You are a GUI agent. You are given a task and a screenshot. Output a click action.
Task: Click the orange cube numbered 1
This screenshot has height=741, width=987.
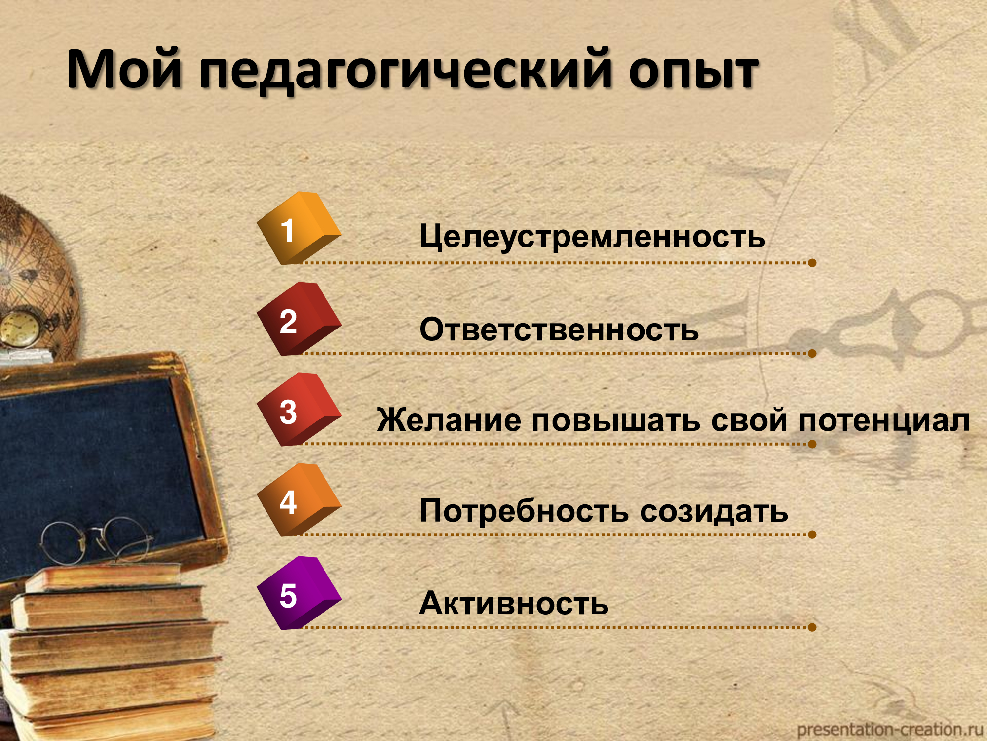[299, 228]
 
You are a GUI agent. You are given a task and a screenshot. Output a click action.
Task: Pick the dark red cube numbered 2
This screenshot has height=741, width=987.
[299, 319]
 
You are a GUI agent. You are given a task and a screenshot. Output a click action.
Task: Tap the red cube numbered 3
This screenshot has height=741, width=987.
[299, 410]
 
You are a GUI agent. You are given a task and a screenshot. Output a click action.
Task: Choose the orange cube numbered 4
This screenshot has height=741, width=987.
[299, 500]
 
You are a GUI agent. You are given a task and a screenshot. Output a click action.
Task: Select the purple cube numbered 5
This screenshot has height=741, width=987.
[299, 593]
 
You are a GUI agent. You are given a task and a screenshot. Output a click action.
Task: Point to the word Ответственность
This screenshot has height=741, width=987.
[559, 329]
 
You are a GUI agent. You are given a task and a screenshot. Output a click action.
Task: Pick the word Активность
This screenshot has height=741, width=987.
[514, 603]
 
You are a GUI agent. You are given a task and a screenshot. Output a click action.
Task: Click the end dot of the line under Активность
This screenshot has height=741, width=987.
[812, 627]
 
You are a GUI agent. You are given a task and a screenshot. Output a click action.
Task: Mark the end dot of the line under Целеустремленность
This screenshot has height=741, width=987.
[812, 263]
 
